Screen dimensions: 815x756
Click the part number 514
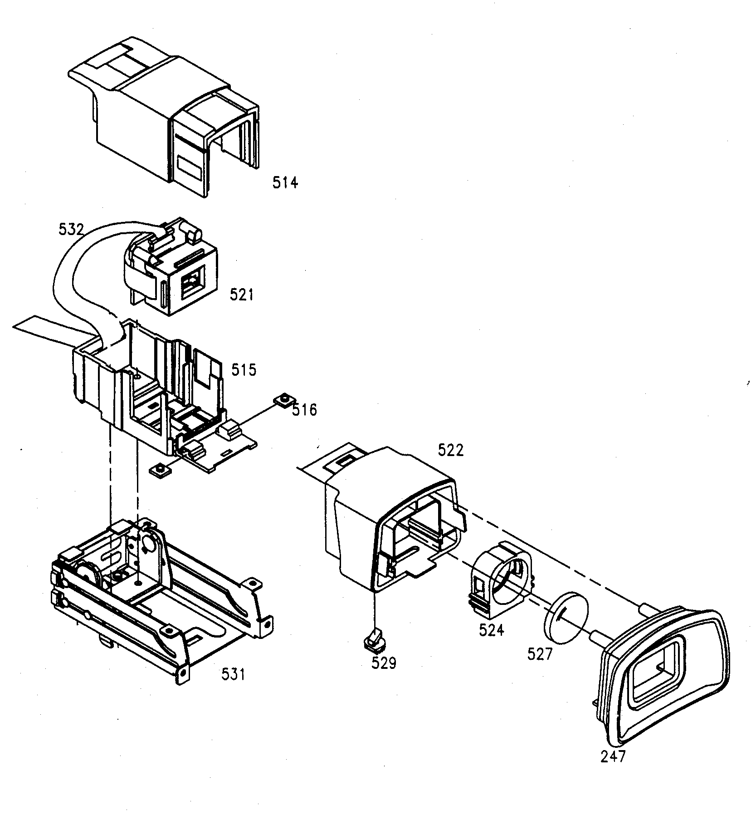(285, 183)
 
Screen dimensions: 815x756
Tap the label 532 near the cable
(71, 230)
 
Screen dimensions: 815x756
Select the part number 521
(241, 295)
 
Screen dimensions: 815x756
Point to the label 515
(244, 369)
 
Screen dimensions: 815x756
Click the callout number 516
(304, 410)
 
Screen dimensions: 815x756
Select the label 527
(540, 654)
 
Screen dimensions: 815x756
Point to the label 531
(233, 674)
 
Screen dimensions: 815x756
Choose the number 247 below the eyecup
(613, 756)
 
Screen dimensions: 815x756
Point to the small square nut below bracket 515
(161, 470)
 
